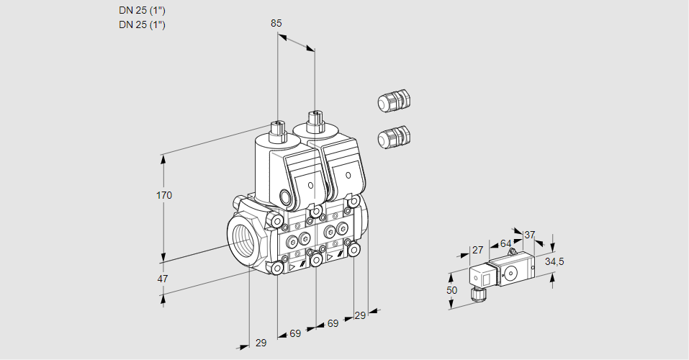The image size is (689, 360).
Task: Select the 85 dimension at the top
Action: click(x=276, y=23)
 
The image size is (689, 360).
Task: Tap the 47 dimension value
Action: click(x=163, y=279)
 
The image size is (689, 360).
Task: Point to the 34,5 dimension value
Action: click(x=554, y=261)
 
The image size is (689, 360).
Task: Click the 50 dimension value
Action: click(x=451, y=290)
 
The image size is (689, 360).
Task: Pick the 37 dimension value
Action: click(x=530, y=235)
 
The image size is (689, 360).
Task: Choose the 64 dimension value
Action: click(x=505, y=243)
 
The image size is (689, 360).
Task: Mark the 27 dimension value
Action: click(x=477, y=250)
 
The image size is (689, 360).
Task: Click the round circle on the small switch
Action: click(x=512, y=273)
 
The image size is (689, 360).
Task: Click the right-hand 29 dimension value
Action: click(x=361, y=315)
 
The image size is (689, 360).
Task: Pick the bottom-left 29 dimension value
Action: click(x=261, y=343)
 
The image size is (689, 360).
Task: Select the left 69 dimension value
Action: click(x=295, y=333)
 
